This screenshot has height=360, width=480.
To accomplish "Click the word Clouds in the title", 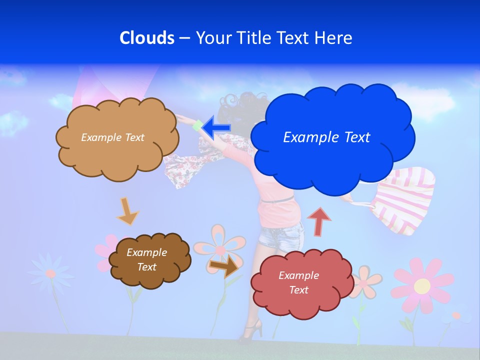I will click(146, 37).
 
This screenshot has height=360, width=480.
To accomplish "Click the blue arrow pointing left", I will click(216, 127).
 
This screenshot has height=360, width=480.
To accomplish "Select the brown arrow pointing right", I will click(224, 266).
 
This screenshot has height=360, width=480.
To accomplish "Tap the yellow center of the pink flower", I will click(422, 286).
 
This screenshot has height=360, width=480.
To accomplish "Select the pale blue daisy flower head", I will click(50, 272).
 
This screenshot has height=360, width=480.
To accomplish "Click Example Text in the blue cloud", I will click(326, 137).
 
